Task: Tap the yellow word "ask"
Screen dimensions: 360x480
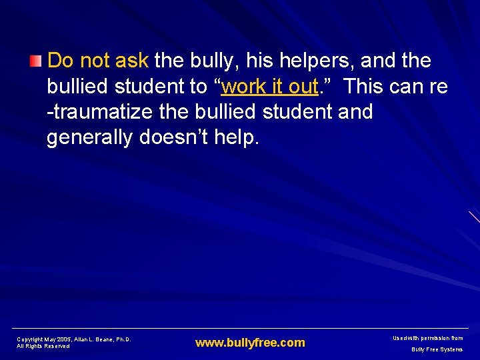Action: coord(131,61)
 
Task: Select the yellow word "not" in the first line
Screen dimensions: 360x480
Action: coord(95,61)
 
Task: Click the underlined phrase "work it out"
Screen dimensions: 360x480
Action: coord(269,87)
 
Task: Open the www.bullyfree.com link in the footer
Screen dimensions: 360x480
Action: coord(250,343)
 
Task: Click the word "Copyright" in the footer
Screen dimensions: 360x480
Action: coord(30,339)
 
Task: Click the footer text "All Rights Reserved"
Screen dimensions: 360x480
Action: coord(43,346)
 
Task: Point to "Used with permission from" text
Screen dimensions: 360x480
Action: coord(427,339)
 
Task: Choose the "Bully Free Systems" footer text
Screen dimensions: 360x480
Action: coord(437,349)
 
